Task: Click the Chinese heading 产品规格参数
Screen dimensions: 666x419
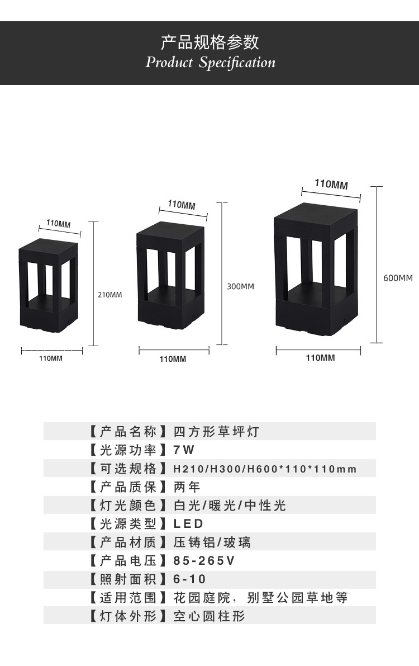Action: click(209, 42)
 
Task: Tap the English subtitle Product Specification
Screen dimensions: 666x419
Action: click(211, 62)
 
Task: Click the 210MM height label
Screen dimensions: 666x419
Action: click(110, 295)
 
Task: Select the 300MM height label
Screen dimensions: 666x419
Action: click(240, 286)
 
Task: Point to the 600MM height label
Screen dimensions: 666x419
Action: click(398, 278)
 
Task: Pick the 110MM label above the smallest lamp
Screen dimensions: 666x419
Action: click(58, 224)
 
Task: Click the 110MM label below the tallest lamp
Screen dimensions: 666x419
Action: click(320, 358)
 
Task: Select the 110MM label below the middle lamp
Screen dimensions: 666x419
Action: click(173, 359)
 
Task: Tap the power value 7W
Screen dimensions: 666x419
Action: click(184, 450)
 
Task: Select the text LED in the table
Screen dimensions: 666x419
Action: click(189, 524)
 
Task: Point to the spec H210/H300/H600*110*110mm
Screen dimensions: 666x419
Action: click(265, 469)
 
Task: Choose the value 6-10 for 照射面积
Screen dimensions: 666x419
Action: click(190, 579)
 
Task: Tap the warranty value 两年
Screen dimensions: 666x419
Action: click(187, 487)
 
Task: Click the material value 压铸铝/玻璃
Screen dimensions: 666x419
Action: click(212, 542)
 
